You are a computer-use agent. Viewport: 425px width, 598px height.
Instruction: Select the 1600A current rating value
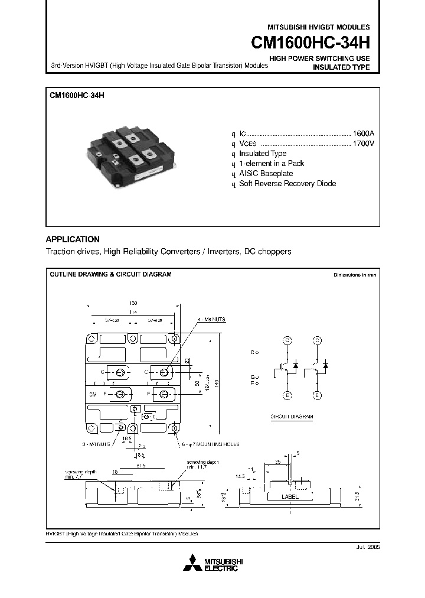point(363,134)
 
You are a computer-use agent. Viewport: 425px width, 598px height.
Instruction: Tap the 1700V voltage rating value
point(363,144)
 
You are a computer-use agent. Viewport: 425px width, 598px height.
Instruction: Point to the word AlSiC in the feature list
point(249,174)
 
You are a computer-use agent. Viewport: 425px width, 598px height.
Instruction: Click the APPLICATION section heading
point(73,239)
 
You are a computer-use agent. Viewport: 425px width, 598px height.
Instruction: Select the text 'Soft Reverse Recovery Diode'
point(287,184)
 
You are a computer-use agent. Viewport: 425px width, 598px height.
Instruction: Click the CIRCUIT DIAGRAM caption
point(292,417)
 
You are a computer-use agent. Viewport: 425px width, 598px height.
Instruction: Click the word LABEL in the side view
point(290,497)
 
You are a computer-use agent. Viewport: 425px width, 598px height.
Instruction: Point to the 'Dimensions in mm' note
point(354,275)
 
